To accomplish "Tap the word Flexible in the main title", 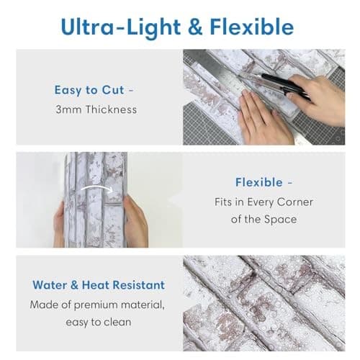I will tap(251, 27).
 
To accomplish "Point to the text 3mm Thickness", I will tap(96, 109).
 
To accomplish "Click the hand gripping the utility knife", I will tap(317, 97).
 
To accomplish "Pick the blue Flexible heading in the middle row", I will tap(264, 182).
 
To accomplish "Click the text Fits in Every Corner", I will tap(264, 202).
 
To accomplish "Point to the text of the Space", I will tap(264, 219).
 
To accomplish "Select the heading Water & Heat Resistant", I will tap(98, 285).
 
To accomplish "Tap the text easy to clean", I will tap(98, 322).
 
